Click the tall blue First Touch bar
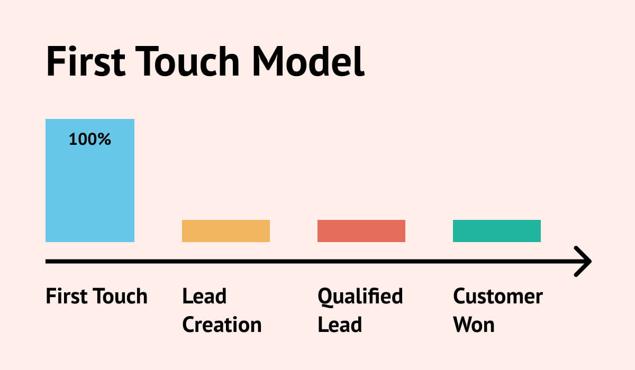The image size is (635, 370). tap(90, 185)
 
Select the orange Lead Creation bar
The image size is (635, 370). tap(226, 231)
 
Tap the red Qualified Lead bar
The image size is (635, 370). tap(361, 231)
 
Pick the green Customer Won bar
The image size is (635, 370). tap(497, 231)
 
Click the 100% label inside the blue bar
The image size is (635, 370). tap(90, 140)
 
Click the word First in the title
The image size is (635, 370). tap(85, 62)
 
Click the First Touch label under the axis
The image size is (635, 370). tap(97, 296)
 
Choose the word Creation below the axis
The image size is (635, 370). tap(222, 325)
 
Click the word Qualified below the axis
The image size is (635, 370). tap(360, 297)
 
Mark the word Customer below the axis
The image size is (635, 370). tap(498, 296)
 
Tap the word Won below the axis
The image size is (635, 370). tap(474, 325)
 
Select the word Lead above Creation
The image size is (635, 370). tap(204, 296)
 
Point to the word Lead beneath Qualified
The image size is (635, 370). tap(340, 325)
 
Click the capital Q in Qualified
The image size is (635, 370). tap(324, 297)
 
